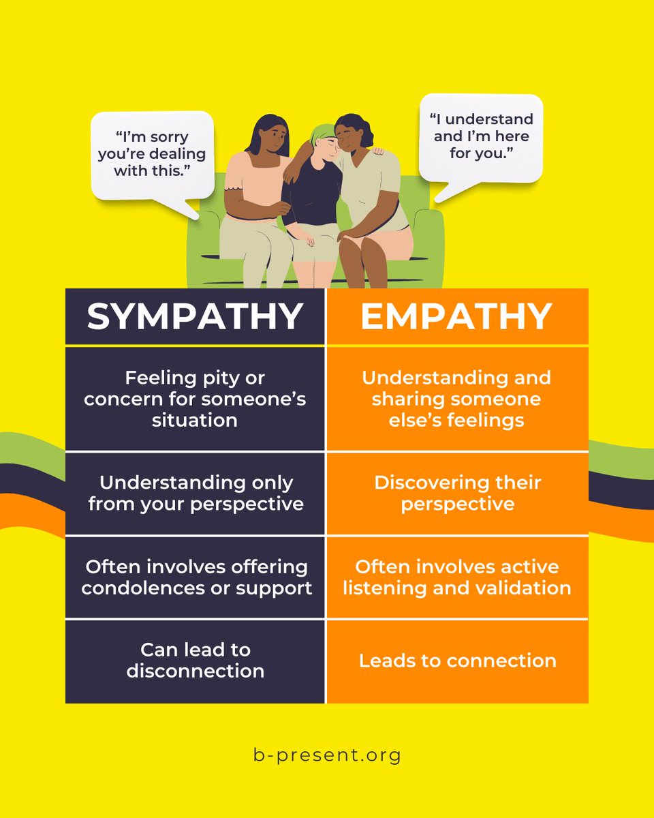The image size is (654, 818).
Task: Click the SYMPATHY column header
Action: coord(195,316)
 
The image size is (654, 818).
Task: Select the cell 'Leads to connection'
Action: coord(457,661)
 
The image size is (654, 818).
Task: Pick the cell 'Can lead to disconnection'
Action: coord(195,660)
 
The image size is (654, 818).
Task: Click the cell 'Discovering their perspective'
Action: coord(457,493)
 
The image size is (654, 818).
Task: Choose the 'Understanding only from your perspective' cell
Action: coord(195,493)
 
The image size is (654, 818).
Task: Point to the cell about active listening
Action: coord(457,577)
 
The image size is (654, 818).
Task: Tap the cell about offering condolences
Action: coord(195,577)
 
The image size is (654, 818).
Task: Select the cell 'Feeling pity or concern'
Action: coord(195,398)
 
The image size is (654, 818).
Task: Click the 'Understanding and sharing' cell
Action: coord(457,398)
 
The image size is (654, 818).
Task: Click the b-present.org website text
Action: coord(326,755)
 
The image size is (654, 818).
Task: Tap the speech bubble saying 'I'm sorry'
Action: coord(153,154)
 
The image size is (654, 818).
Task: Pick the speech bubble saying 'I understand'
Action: coord(481,136)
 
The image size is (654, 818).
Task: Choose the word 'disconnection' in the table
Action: coord(195,671)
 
